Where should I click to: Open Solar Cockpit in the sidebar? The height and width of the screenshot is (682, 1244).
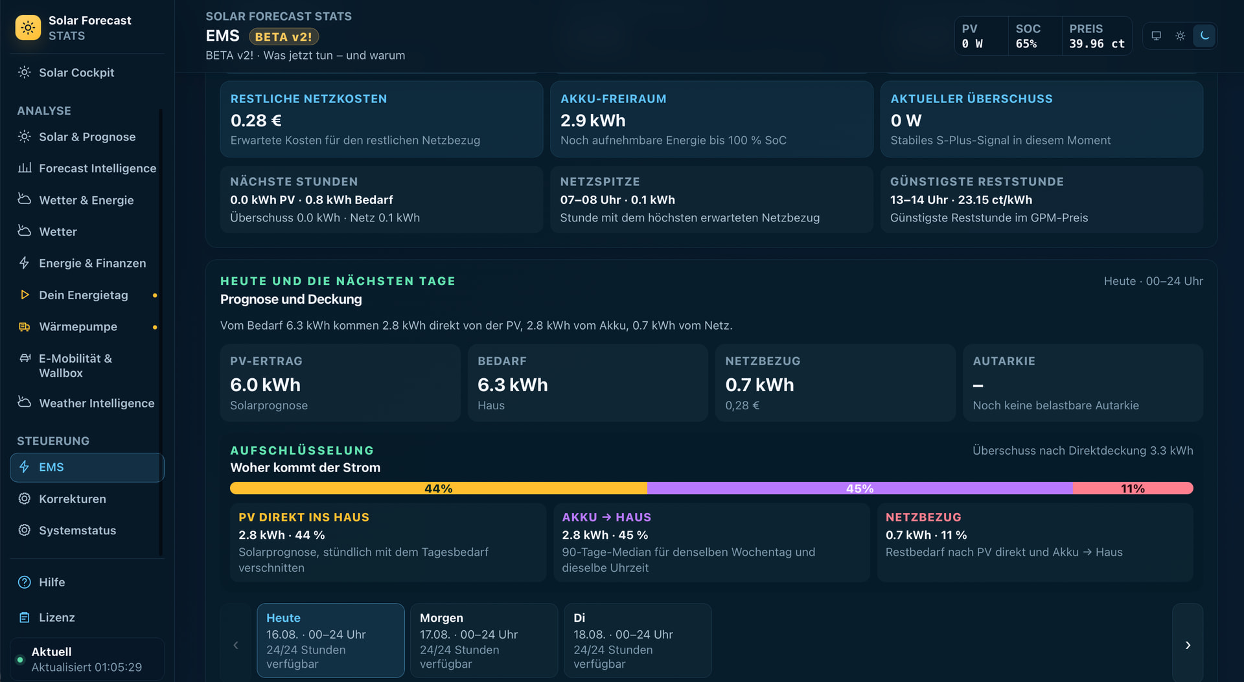click(x=76, y=73)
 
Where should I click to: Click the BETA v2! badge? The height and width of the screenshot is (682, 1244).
click(x=284, y=37)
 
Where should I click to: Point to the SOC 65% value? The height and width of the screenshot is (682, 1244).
click(x=1026, y=44)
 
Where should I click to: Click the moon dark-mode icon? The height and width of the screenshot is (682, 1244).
click(x=1204, y=36)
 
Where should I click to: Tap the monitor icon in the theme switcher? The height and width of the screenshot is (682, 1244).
click(x=1156, y=36)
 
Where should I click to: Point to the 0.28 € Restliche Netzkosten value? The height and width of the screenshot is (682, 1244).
click(x=256, y=120)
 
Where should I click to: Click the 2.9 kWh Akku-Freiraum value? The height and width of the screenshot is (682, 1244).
click(x=593, y=120)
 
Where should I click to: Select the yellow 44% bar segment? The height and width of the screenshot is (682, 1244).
click(x=439, y=488)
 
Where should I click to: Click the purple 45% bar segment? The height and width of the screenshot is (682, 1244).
click(x=860, y=488)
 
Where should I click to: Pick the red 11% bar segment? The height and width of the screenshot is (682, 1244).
click(x=1133, y=488)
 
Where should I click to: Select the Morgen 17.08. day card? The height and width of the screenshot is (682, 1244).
click(x=484, y=641)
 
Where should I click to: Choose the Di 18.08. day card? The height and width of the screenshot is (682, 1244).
click(x=638, y=641)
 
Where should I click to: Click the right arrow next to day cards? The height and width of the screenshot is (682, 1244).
click(x=1188, y=645)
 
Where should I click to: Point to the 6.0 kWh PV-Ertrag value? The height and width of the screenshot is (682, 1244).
click(x=265, y=385)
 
